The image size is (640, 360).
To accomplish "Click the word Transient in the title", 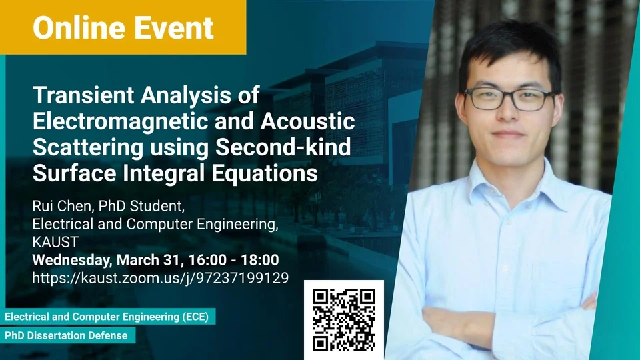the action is coord(83,95).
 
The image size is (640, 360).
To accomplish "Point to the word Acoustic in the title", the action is coord(308,121).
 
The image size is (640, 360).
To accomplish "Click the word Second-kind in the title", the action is coord(283,147).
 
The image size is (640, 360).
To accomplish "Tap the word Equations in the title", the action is coord(265,173).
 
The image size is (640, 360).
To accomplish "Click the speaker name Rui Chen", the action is coord(61,206).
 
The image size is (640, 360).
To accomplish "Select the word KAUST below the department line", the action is coord(55,242).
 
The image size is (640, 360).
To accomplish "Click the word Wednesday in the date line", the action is coord(71,260).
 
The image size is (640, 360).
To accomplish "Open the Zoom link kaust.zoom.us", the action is coord(161,278).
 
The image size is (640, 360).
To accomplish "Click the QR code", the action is coord(344,319).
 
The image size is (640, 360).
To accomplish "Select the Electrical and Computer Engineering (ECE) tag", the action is coord(107,317).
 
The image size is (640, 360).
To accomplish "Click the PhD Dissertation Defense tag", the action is coord(67,335).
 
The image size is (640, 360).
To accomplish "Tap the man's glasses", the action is coord(509,99).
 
